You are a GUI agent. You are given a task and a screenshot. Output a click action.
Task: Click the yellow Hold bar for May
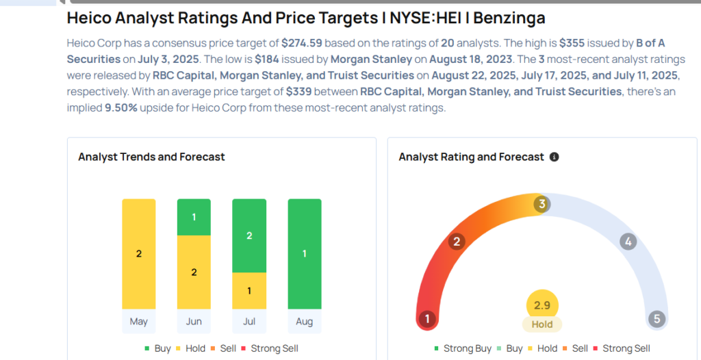coord(139,254)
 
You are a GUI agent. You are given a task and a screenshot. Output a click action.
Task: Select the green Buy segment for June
coord(194,217)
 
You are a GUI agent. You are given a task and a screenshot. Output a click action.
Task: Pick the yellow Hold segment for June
coord(194,272)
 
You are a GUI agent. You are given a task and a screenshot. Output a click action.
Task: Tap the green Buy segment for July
coord(249,235)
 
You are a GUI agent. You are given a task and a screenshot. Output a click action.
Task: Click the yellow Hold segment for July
coord(249,290)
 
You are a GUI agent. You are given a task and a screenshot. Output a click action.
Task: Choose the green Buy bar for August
coord(305,254)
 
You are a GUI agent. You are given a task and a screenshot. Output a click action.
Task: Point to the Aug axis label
coord(305,321)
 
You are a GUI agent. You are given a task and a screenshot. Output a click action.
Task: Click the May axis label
coord(139,321)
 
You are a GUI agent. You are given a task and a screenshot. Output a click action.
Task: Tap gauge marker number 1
coord(428,319)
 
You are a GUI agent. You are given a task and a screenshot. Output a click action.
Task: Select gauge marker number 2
coord(457,241)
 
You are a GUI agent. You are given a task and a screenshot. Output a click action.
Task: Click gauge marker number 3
coord(541,204)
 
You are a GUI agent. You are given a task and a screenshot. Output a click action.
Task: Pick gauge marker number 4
coord(628,241)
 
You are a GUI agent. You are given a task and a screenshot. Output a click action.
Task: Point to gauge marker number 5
coord(657,319)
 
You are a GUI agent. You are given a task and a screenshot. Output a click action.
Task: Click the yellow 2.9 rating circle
coord(542,305)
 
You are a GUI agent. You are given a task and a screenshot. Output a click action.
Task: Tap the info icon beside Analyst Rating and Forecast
coord(555,157)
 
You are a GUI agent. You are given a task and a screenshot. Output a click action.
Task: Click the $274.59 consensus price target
coord(302,42)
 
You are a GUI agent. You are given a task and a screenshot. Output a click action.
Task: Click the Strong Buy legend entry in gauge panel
coord(463,348)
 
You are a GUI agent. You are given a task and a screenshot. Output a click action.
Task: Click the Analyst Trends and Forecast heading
coord(151,157)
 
